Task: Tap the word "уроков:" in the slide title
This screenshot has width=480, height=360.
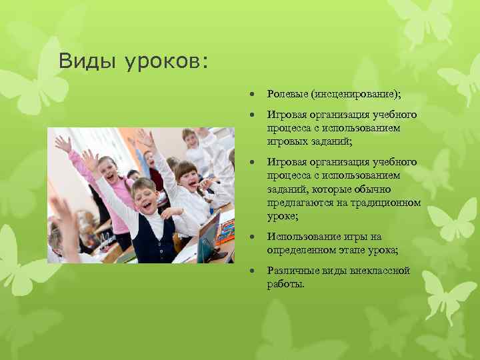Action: pyautogui.click(x=167, y=62)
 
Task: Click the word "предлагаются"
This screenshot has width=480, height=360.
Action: pyautogui.click(x=297, y=203)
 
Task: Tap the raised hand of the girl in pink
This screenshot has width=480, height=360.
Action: pyautogui.click(x=63, y=143)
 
